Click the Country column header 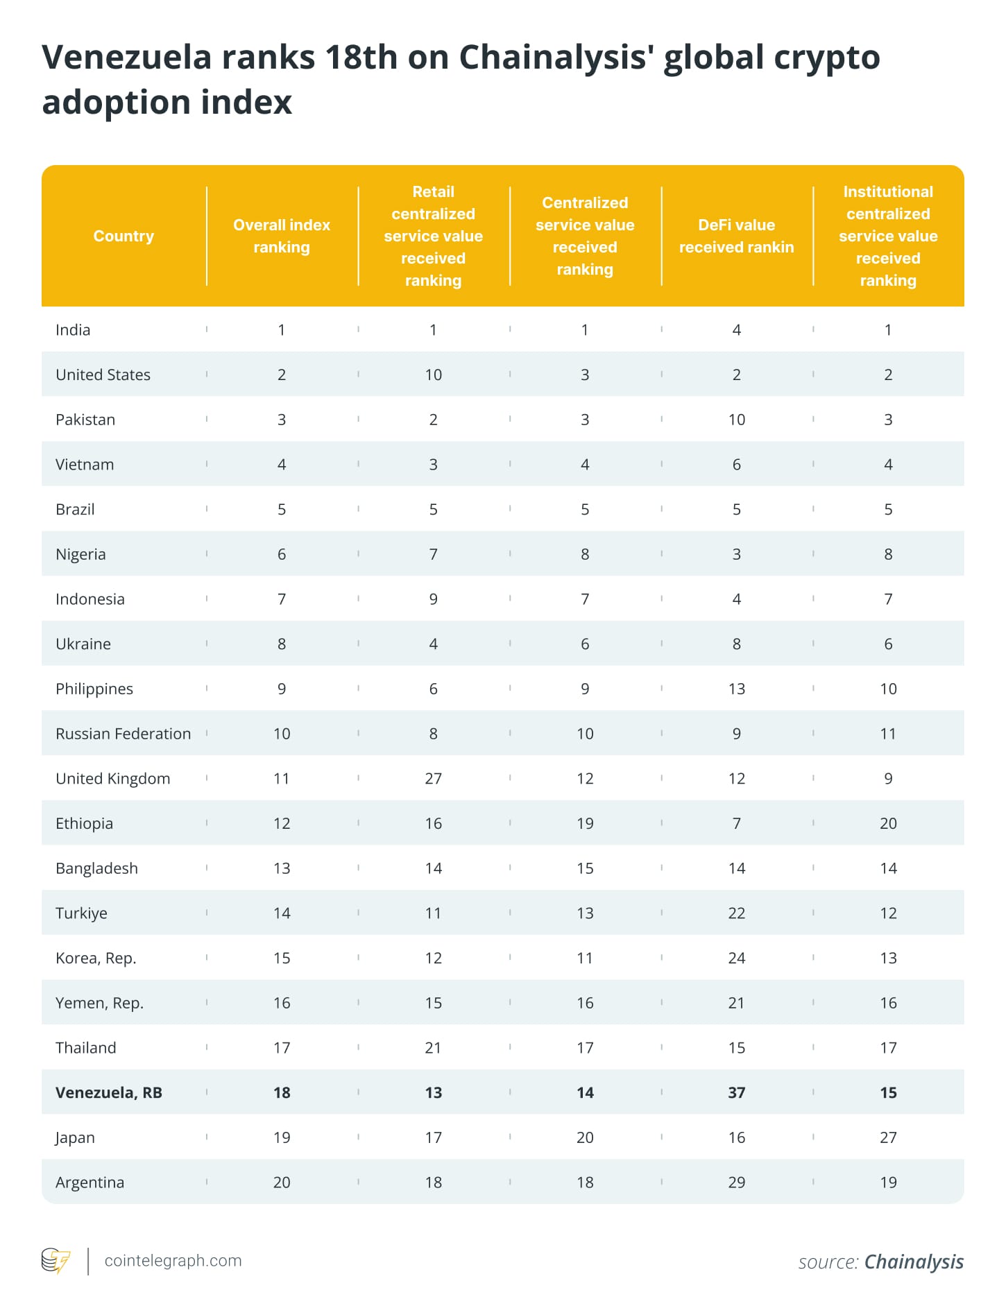[123, 236]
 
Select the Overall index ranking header [282, 236]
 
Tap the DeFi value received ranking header [736, 236]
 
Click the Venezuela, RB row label [109, 1092]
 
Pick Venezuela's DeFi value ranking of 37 [736, 1092]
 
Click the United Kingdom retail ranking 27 [433, 778]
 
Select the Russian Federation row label [123, 734]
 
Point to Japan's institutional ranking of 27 [888, 1137]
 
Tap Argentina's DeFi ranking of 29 [736, 1183]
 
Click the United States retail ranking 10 [433, 375]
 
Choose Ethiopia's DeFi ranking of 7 [736, 823]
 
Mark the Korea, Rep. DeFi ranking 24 [736, 958]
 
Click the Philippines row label [94, 689]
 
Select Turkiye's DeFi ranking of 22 [736, 913]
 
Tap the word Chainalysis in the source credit [914, 1262]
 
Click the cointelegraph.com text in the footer [173, 1261]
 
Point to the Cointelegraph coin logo [56, 1261]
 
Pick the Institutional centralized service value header [888, 236]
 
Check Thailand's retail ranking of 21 [433, 1047]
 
